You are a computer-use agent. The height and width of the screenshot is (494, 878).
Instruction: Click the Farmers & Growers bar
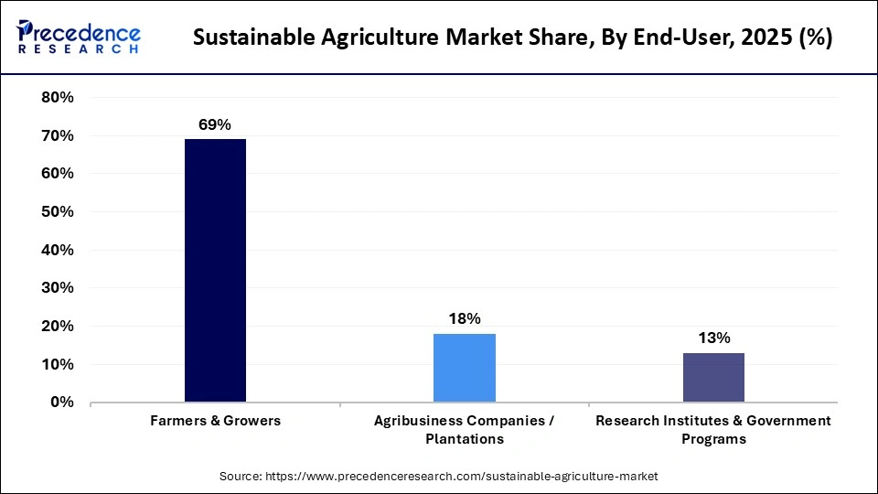coord(215,270)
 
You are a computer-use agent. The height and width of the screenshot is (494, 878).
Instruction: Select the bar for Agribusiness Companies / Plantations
coord(464,368)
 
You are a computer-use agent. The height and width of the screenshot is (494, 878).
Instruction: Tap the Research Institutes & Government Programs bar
coord(713,377)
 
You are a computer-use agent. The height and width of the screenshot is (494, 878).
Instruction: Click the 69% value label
coord(215,123)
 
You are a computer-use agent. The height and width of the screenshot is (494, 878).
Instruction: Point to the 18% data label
coord(464,318)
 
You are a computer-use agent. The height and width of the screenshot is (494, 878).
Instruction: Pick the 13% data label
coord(713,338)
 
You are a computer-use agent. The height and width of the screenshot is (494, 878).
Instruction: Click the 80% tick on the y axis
coord(58,98)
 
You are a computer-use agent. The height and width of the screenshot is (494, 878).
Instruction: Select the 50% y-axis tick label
coord(58,212)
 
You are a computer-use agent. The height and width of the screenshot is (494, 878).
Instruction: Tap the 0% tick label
coord(62,403)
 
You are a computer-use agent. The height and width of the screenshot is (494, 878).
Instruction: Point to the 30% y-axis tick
coord(58,288)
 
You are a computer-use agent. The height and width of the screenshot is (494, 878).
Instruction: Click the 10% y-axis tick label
coord(58,364)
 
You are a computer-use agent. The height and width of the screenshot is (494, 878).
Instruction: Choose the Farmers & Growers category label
coord(215,421)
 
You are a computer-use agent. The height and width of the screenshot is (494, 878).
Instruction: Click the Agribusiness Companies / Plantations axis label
coord(464,429)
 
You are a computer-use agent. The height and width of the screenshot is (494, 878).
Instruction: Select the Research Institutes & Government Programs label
coord(713,429)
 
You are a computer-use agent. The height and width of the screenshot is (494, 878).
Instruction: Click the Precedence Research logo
coord(78,38)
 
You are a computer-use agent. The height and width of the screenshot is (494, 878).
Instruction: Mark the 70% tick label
coord(58,136)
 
